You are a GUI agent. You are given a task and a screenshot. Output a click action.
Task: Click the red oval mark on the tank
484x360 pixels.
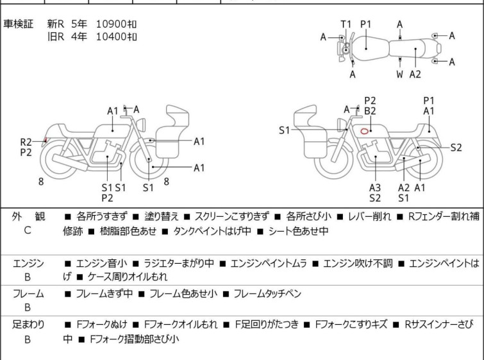364,132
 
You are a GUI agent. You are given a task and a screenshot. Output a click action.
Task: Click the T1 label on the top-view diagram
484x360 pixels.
346,24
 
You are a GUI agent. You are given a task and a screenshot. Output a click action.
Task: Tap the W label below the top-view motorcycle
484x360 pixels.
400,74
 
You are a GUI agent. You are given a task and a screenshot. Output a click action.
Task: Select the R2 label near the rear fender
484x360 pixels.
26,142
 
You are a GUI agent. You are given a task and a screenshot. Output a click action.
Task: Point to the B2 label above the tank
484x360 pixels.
370,111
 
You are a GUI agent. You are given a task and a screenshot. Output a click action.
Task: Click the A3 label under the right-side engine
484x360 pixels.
375,187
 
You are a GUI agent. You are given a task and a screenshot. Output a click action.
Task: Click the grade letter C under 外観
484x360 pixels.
28,230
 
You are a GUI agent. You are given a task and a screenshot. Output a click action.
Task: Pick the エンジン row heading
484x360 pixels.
28,263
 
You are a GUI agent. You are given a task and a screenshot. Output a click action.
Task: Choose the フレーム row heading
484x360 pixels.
28,294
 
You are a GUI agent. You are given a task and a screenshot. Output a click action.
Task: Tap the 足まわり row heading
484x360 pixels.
28,325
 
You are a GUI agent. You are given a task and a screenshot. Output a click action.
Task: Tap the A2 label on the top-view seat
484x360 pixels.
415,74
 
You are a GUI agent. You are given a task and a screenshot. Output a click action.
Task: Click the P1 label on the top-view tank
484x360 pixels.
365,24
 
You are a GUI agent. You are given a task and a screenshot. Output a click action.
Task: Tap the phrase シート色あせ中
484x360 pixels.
297,232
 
